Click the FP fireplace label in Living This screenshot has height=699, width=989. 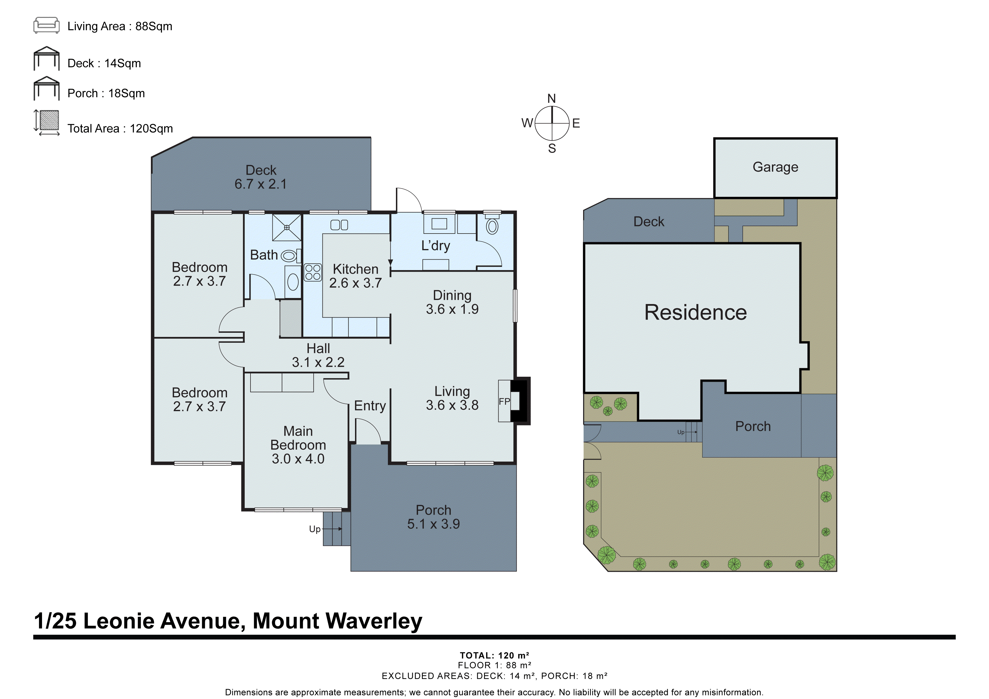(504, 401)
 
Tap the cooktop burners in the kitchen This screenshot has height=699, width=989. (313, 272)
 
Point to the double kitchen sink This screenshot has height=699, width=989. (339, 225)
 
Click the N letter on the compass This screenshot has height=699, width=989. (551, 99)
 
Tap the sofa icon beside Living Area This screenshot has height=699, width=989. (46, 25)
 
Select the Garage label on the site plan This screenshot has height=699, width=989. (775, 167)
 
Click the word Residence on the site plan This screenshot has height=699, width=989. (695, 312)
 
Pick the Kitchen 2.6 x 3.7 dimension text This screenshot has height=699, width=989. (355, 283)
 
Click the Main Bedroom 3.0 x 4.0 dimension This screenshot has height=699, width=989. (298, 459)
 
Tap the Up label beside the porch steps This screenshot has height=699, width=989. (314, 529)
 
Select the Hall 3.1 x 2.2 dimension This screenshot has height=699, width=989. (318, 362)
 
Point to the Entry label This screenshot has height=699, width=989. (370, 406)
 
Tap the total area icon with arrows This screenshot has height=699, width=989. (46, 123)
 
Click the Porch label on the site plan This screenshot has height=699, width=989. (753, 426)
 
